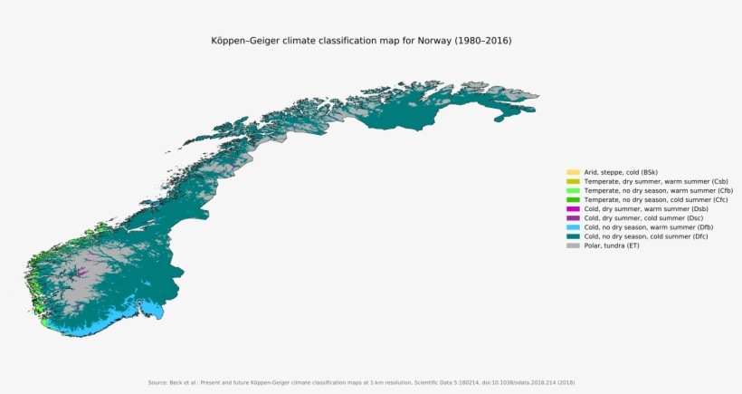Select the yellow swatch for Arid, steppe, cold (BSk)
(573, 172)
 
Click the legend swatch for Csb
(573, 181)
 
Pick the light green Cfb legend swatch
(573, 190)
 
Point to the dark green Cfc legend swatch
(573, 199)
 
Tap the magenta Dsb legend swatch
(573, 208)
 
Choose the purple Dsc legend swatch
(573, 217)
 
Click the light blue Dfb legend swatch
(573, 227)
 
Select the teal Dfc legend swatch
(573, 236)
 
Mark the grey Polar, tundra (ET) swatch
(573, 245)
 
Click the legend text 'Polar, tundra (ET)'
(612, 245)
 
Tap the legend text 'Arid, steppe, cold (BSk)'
(621, 172)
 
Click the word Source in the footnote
(157, 382)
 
